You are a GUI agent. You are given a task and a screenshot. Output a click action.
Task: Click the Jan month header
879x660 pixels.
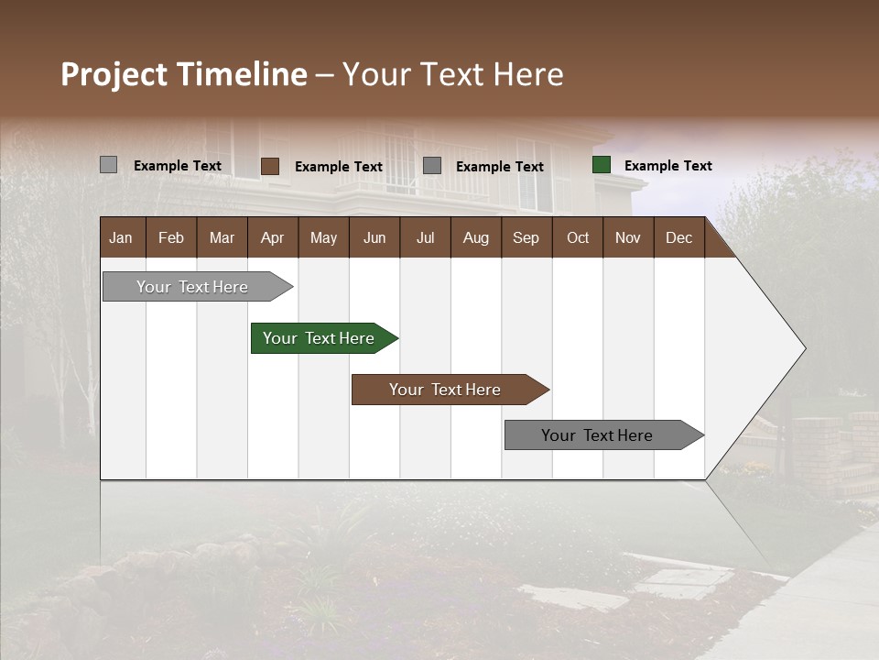121,238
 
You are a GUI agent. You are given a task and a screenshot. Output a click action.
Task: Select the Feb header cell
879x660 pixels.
171,238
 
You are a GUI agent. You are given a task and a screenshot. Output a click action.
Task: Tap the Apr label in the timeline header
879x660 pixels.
272,238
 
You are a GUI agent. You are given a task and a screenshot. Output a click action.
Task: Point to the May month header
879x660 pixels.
323,238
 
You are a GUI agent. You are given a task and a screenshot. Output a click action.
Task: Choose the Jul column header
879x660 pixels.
425,238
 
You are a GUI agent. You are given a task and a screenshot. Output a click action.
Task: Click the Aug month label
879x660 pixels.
475,238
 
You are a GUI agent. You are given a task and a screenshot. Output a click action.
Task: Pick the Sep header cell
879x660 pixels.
526,238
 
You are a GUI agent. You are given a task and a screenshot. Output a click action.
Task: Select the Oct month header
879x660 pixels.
578,238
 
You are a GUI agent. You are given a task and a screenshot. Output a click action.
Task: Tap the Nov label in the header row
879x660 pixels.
627,238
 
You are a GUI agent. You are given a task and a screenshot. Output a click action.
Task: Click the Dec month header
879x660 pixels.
678,238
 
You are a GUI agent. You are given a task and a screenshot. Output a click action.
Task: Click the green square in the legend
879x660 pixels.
602,165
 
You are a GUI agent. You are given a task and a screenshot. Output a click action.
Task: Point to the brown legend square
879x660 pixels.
270,166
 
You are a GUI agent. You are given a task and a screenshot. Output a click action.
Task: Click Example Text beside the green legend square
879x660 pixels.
667,166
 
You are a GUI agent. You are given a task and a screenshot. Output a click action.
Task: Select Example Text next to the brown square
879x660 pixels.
338,167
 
